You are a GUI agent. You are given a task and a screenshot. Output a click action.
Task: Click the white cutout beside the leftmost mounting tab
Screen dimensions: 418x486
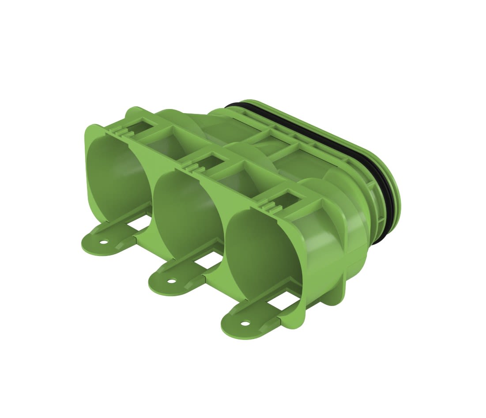pos(140,225)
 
